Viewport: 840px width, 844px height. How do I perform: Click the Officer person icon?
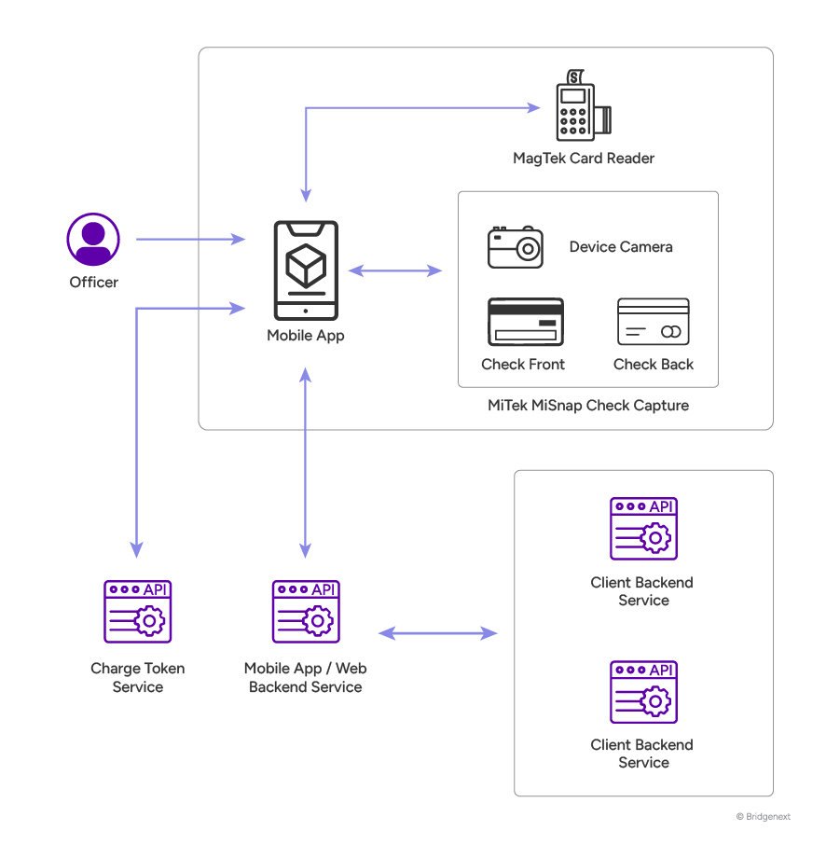coord(93,240)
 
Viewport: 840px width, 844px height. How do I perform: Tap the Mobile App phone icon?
coord(305,270)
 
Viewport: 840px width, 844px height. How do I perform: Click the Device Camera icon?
coord(515,247)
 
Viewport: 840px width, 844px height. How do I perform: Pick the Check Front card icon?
coord(525,323)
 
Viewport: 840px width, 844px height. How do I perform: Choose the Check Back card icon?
coord(653,323)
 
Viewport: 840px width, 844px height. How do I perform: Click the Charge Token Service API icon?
coord(137,612)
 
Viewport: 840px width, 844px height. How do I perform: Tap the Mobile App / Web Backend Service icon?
coord(305,612)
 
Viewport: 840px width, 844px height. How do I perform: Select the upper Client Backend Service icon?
coord(643,529)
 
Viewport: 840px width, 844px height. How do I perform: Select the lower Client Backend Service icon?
coord(643,692)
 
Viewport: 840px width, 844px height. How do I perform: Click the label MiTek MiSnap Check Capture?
coord(587,405)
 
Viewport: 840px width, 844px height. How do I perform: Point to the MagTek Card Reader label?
coord(583,159)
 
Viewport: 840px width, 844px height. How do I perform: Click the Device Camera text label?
coord(621,247)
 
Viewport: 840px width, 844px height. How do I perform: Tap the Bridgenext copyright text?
coord(763,817)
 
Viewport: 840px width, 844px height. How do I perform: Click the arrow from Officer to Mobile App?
coord(190,240)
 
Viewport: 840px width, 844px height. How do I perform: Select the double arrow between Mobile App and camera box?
coord(394,270)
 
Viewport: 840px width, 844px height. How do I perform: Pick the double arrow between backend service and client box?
coord(437,633)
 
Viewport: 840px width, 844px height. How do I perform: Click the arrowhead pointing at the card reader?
coord(534,107)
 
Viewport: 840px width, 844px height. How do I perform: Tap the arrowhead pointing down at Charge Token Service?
coord(137,550)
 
